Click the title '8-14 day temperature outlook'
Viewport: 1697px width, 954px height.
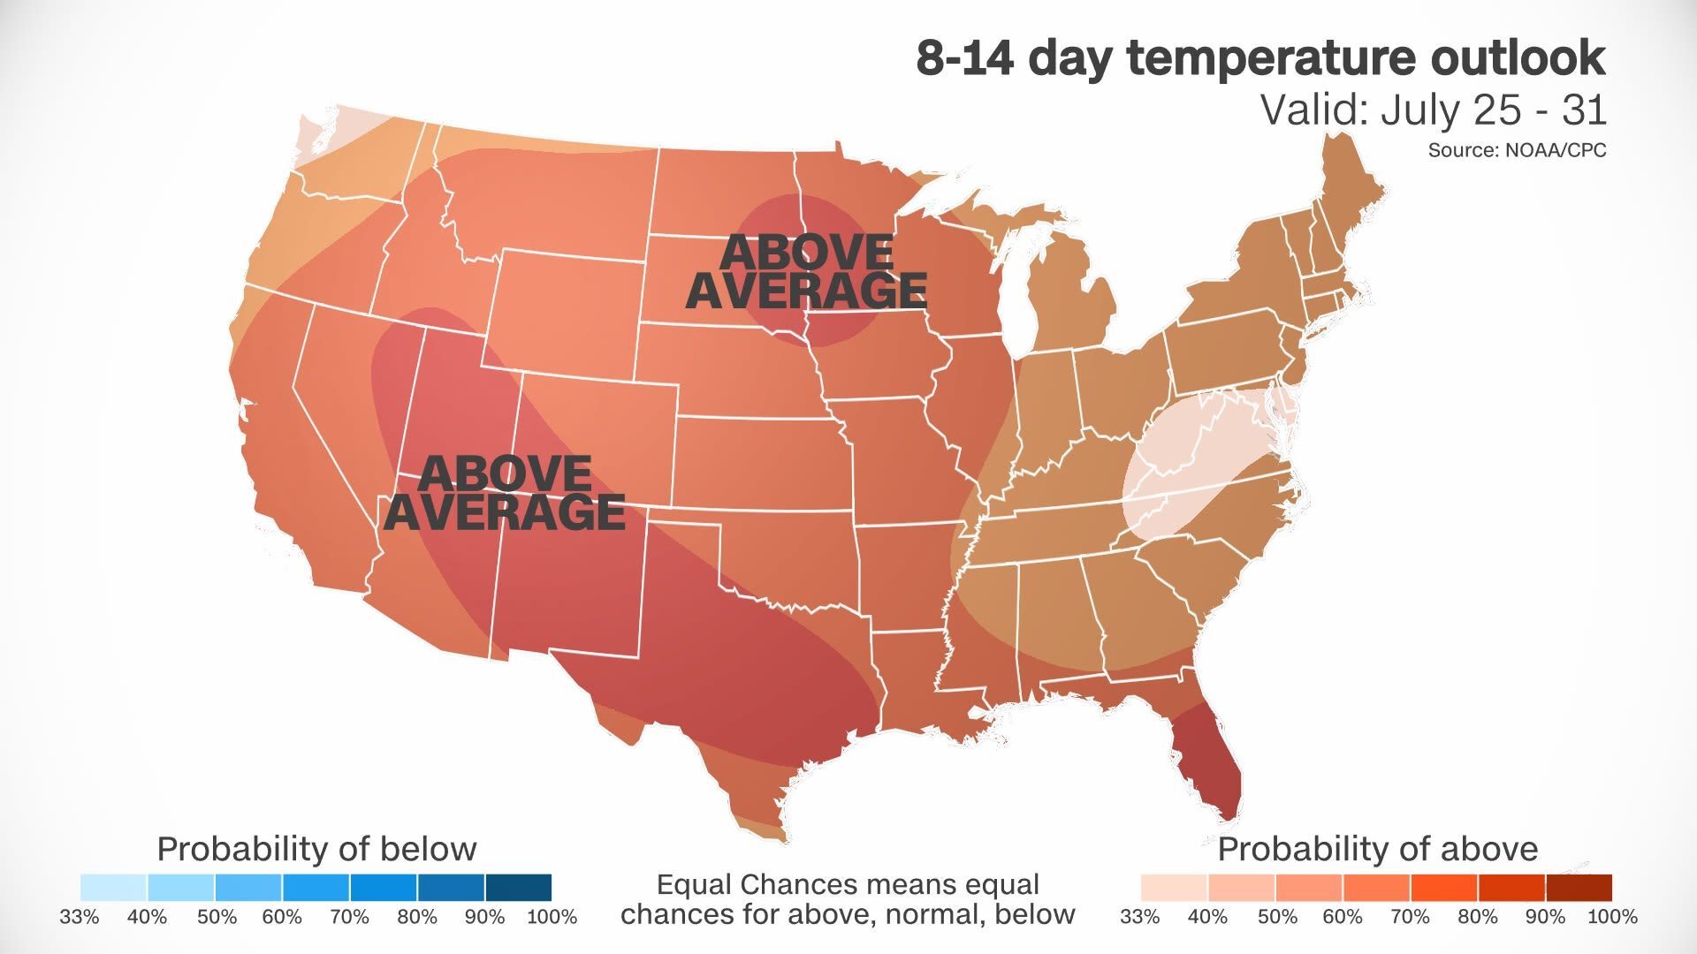pyautogui.click(x=1260, y=58)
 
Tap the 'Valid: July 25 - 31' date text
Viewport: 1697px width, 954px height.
pyautogui.click(x=1432, y=110)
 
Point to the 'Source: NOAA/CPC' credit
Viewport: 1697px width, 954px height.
pyautogui.click(x=1517, y=150)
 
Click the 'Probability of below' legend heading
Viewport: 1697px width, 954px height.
pyautogui.click(x=316, y=849)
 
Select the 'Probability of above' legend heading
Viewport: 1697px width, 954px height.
pyautogui.click(x=1377, y=849)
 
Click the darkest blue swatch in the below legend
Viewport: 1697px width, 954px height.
pyautogui.click(x=518, y=887)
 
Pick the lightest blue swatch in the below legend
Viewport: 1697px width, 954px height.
pyautogui.click(x=113, y=887)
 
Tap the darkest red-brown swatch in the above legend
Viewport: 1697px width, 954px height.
pyautogui.click(x=1579, y=887)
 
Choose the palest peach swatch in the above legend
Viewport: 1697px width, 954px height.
pyautogui.click(x=1174, y=887)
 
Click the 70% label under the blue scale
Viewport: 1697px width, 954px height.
pyautogui.click(x=349, y=917)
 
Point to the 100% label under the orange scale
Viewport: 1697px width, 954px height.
pyautogui.click(x=1612, y=917)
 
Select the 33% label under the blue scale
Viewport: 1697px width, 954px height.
pyautogui.click(x=80, y=917)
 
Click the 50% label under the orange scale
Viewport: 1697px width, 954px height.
pyautogui.click(x=1277, y=917)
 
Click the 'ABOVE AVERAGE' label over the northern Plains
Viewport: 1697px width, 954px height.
pyautogui.click(x=806, y=271)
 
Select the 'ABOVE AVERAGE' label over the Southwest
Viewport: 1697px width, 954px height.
pyautogui.click(x=505, y=493)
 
